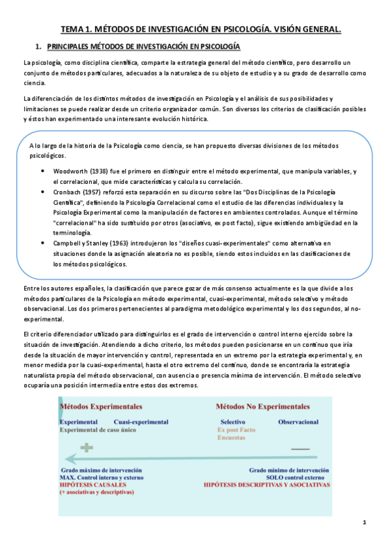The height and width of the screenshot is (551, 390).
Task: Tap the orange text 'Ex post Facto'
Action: tap(236, 429)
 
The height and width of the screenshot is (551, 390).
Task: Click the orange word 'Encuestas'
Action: tap(232, 437)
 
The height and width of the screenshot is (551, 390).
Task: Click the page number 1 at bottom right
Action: tap(365, 522)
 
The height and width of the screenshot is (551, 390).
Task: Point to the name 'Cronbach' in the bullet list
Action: tap(67, 192)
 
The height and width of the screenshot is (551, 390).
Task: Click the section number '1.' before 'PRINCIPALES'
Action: tap(38, 47)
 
